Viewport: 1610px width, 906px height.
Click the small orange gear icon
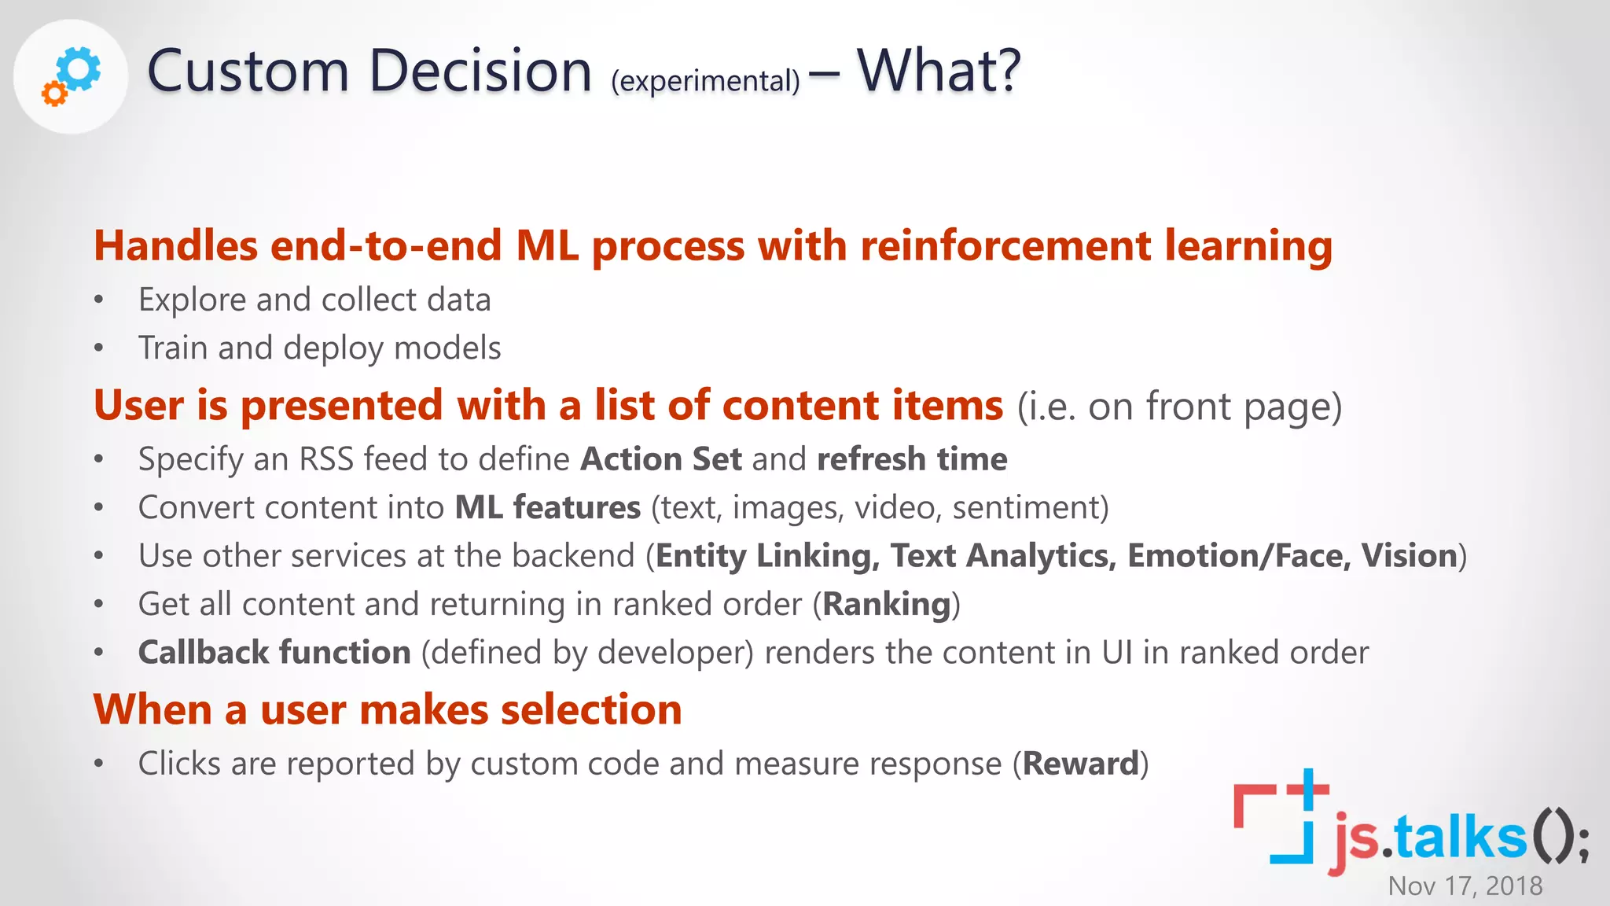coord(54,94)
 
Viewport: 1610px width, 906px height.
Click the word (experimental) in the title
coord(705,81)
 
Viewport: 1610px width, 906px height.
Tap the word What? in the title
coord(939,71)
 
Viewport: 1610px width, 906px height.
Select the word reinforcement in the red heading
coord(1005,245)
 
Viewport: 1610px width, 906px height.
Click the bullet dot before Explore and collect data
coord(98,300)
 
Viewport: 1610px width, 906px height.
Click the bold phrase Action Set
coord(660,459)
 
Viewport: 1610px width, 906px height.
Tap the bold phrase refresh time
coord(912,459)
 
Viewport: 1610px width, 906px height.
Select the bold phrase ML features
coord(548,508)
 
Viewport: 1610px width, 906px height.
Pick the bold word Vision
coord(1410,556)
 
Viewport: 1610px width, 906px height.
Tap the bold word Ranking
coord(887,605)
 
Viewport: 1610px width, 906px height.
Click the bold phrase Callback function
coord(274,653)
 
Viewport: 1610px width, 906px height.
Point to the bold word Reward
coord(1081,764)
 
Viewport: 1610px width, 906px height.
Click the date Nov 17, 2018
coord(1465,886)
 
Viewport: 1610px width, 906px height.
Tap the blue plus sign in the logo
coord(1308,788)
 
